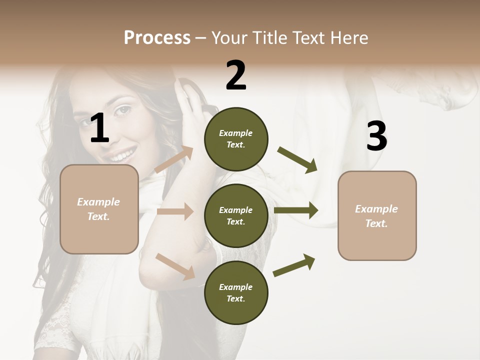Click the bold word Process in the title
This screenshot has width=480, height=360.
click(157, 38)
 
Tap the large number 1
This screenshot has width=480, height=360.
click(99, 128)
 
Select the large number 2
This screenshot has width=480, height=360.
click(236, 75)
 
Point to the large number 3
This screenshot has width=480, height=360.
click(376, 136)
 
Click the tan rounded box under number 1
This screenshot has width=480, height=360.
click(99, 209)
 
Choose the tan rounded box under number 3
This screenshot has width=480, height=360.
click(377, 216)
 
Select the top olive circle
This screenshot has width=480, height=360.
click(236, 139)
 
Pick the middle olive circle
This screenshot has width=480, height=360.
click(236, 216)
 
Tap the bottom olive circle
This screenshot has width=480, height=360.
click(236, 293)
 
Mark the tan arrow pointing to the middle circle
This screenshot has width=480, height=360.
click(175, 211)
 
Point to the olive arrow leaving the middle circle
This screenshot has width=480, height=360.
click(296, 210)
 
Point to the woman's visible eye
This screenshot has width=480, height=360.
click(122, 109)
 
